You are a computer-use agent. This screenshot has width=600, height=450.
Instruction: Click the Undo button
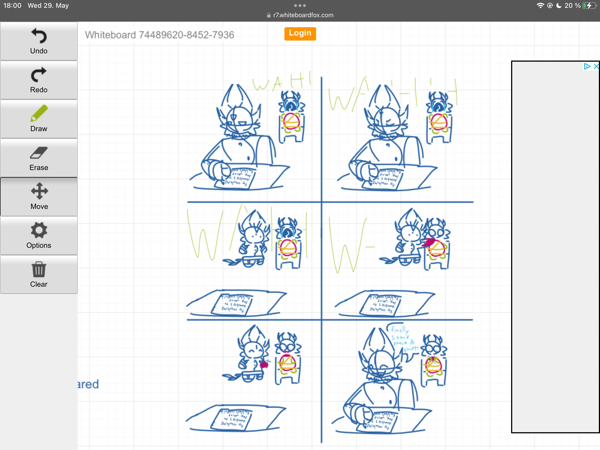[x=39, y=41]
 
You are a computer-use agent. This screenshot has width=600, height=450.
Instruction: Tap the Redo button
[x=39, y=80]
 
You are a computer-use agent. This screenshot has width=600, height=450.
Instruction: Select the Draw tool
[x=39, y=119]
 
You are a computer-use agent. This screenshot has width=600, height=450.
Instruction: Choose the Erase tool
[x=39, y=158]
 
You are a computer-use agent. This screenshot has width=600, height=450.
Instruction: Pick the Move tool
[x=39, y=197]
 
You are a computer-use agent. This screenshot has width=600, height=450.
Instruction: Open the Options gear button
[x=39, y=236]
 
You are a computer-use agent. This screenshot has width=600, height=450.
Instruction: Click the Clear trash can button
[x=39, y=274]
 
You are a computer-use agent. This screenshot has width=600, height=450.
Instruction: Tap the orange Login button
[x=300, y=34]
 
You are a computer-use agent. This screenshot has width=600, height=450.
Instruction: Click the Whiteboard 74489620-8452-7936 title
[x=159, y=35]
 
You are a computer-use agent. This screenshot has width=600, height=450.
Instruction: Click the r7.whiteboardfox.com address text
[x=303, y=15]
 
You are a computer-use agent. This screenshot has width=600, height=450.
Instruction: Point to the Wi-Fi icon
[x=540, y=6]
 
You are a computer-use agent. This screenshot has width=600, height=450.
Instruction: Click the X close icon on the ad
[x=596, y=66]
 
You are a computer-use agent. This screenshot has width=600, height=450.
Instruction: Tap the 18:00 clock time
[x=12, y=6]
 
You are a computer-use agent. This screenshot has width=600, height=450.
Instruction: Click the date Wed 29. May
[x=48, y=6]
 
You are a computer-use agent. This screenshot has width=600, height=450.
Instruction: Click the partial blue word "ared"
[x=88, y=384]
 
